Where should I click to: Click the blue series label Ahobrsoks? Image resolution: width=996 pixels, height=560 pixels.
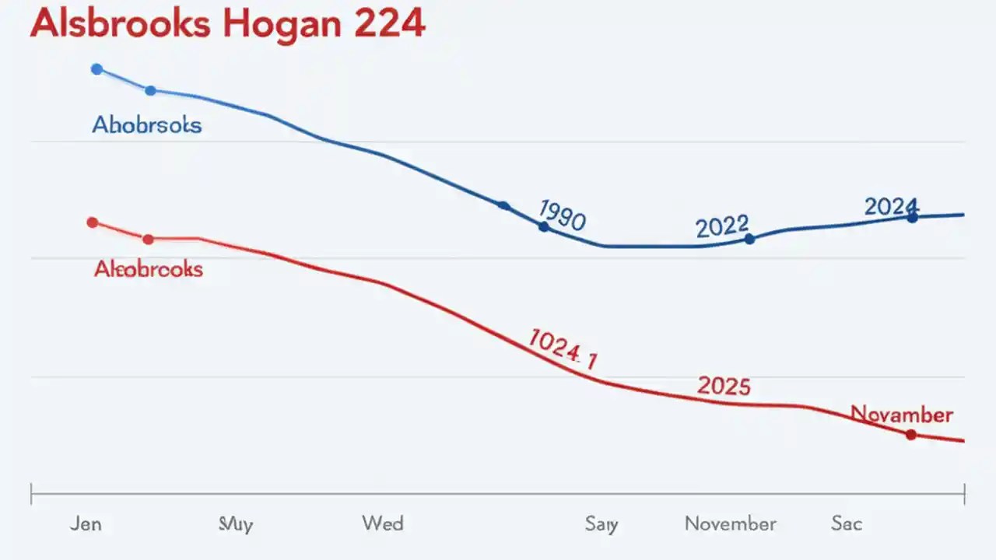point(147,124)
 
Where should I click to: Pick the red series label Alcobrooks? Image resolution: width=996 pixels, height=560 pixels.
point(149,269)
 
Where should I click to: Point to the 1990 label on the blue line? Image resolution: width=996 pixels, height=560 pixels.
point(562,215)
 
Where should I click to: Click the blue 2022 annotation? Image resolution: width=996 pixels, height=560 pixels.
point(721,226)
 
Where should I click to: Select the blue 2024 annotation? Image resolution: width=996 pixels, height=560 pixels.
point(891,207)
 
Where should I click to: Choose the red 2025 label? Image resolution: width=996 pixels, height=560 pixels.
point(724,386)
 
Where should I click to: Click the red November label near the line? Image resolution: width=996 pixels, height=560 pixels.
point(902,414)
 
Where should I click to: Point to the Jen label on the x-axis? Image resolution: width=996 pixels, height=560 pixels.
point(85,523)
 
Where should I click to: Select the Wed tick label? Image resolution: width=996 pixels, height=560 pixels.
point(383,523)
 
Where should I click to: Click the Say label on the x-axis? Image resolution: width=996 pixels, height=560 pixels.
point(601,524)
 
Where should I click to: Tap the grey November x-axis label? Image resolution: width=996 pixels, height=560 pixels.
point(730,523)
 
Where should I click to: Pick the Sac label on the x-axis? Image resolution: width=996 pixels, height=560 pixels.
point(846,523)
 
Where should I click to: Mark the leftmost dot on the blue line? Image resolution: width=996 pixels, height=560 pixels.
point(96,69)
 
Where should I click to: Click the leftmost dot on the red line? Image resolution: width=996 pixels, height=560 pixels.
point(93,222)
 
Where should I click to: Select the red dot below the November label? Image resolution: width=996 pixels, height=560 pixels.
point(911,435)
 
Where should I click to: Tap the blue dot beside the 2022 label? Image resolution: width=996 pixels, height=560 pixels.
point(749,240)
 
